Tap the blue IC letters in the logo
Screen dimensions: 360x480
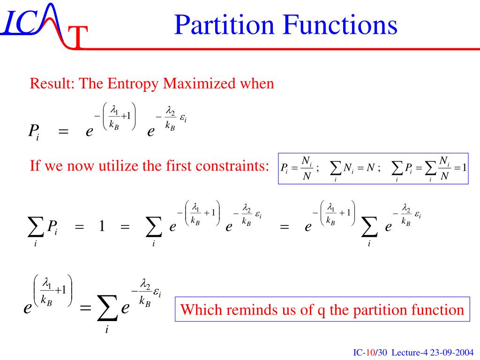(x=19, y=23)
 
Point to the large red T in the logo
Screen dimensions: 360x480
(x=78, y=37)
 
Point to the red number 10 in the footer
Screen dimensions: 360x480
(x=369, y=352)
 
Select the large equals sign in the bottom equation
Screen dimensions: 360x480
(x=85, y=309)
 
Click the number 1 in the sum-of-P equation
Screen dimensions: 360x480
(x=101, y=227)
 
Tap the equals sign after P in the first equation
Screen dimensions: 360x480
(x=62, y=132)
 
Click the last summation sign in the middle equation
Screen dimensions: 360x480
(x=369, y=229)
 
